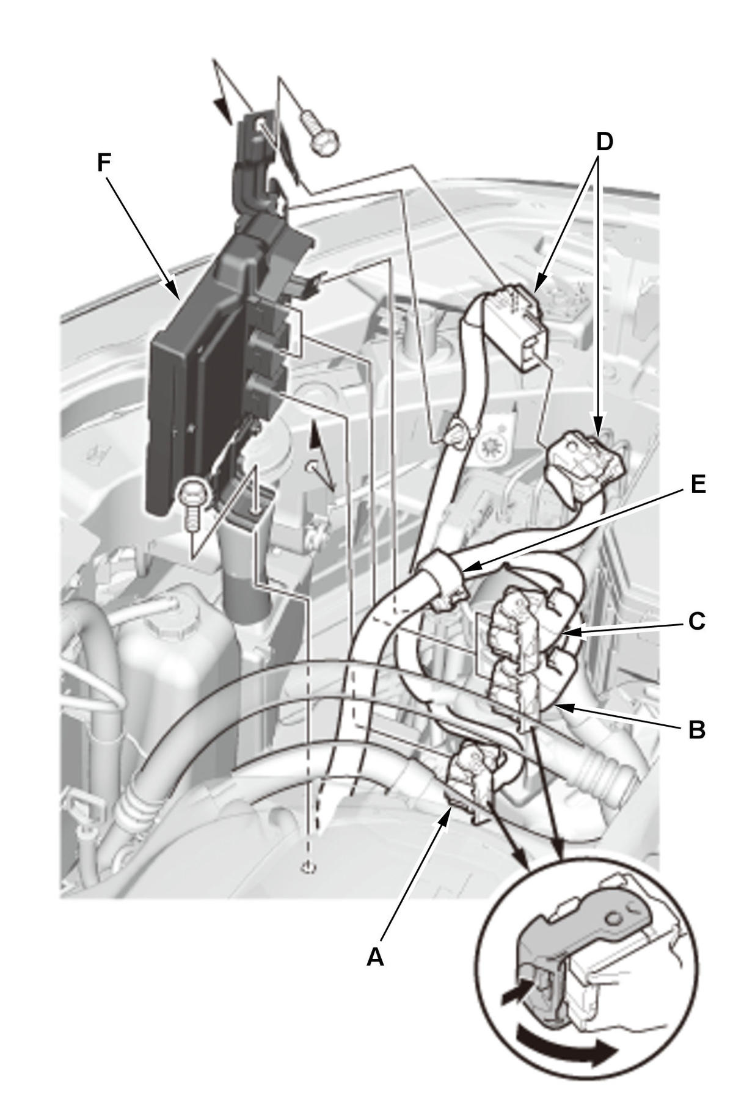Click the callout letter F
(x=104, y=147)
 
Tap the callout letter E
(x=697, y=484)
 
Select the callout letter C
(x=697, y=621)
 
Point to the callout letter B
(x=697, y=729)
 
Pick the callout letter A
(x=375, y=956)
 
